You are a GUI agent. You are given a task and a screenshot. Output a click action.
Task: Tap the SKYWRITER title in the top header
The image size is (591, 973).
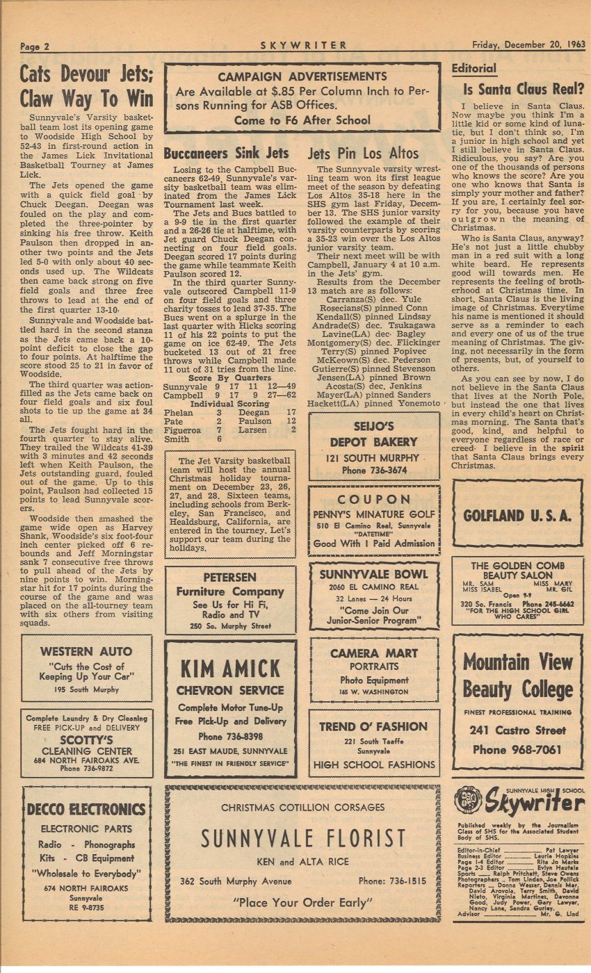[304, 46]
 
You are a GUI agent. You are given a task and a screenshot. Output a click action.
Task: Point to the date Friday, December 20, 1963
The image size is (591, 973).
[528, 46]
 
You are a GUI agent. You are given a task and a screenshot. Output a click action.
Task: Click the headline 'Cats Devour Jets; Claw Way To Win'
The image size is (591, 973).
[86, 85]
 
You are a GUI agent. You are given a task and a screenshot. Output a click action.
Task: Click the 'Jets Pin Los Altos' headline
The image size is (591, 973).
[364, 154]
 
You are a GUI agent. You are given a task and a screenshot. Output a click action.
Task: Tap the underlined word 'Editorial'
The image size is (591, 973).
[474, 69]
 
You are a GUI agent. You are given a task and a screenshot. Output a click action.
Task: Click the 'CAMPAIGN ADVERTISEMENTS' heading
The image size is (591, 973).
[302, 76]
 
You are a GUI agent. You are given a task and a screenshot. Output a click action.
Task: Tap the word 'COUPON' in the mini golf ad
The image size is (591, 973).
[374, 500]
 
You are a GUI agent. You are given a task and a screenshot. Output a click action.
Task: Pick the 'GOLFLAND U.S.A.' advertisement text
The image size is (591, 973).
[517, 516]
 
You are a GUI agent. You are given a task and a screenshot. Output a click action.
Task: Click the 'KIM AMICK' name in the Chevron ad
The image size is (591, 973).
[230, 669]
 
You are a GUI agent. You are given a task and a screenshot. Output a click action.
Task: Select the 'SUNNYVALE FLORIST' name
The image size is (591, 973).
[303, 838]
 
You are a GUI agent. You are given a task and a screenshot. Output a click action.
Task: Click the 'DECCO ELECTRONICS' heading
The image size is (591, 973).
[86, 810]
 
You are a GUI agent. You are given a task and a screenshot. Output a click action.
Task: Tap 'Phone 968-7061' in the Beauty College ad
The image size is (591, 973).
[517, 750]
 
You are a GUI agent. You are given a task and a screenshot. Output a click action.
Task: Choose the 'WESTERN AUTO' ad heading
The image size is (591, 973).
[86, 652]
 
